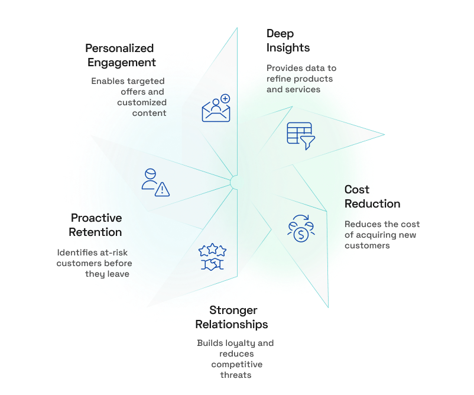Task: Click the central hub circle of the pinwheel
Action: tap(236, 182)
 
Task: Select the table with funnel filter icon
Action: tap(300, 135)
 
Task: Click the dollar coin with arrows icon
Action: tap(301, 227)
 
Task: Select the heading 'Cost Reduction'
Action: tap(372, 197)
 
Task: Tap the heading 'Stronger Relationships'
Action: tap(232, 318)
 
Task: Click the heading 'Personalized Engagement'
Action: tap(120, 55)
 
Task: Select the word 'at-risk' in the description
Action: tap(111, 252)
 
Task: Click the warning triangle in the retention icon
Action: tap(162, 189)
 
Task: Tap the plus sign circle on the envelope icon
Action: tap(225, 99)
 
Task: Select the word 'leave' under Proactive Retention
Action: tap(117, 274)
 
